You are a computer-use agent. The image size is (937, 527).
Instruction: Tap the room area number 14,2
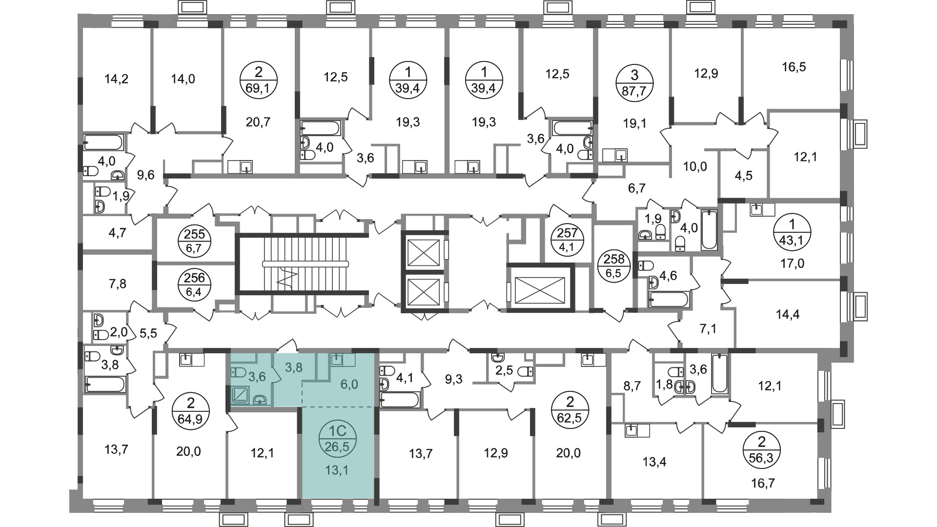tap(117, 79)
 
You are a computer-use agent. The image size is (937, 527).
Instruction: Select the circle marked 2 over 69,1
tap(259, 81)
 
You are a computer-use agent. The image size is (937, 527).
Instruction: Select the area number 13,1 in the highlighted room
tap(338, 470)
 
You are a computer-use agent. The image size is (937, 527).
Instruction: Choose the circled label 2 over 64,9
tap(191, 411)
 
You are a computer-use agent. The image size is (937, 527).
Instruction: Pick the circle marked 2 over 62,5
tap(570, 411)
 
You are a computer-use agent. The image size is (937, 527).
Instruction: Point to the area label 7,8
tap(116, 284)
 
